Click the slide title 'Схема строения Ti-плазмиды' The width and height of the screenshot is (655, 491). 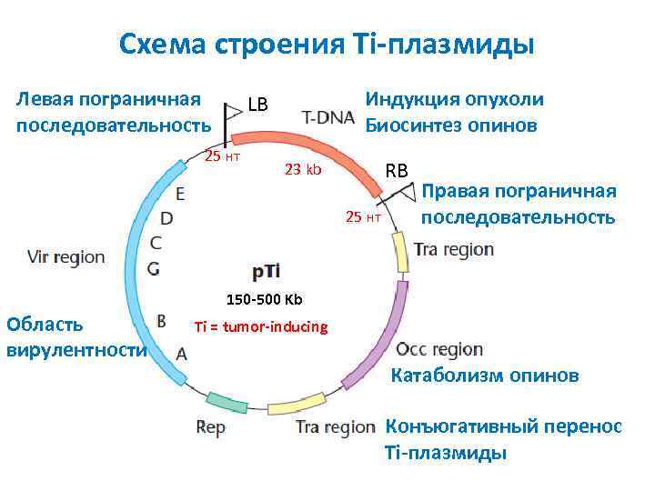point(327,44)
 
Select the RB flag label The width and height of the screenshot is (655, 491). point(398,170)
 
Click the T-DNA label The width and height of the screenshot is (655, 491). point(328,118)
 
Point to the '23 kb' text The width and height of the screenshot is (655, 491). point(303,169)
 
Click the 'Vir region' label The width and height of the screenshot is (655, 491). point(66,257)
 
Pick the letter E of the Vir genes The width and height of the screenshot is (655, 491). point(180,194)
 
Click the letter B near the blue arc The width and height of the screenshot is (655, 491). point(161,320)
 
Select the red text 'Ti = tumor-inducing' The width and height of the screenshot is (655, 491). point(261,326)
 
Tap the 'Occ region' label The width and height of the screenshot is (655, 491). point(439,349)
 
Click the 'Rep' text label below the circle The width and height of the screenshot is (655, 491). point(210,427)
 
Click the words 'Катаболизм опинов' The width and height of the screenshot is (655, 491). point(484,376)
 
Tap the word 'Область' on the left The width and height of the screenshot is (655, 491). point(45,324)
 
